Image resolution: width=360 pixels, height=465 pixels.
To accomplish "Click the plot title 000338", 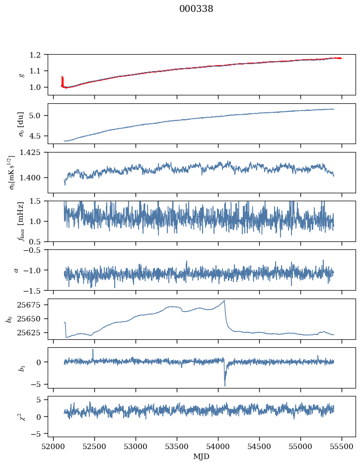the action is click(196, 9).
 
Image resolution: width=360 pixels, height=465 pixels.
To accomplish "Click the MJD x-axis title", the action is click(201, 457).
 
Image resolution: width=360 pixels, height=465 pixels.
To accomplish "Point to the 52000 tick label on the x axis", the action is click(53, 447).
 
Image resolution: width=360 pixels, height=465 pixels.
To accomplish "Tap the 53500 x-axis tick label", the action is click(177, 447).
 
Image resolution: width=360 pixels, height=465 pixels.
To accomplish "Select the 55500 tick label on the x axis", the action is click(342, 447).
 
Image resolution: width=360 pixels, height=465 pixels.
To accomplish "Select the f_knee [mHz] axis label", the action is click(21, 221).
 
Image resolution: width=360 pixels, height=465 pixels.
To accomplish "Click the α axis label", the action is click(16, 270).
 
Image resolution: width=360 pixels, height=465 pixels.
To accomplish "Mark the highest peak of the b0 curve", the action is click(224, 301).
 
